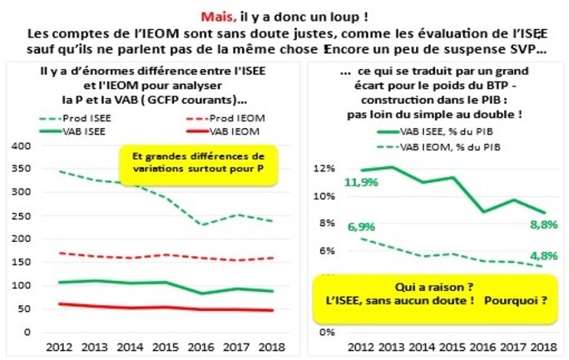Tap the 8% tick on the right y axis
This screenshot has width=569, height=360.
coord(324,223)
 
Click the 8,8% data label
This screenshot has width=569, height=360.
coord(532,223)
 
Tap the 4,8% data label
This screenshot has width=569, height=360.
coord(532,254)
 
